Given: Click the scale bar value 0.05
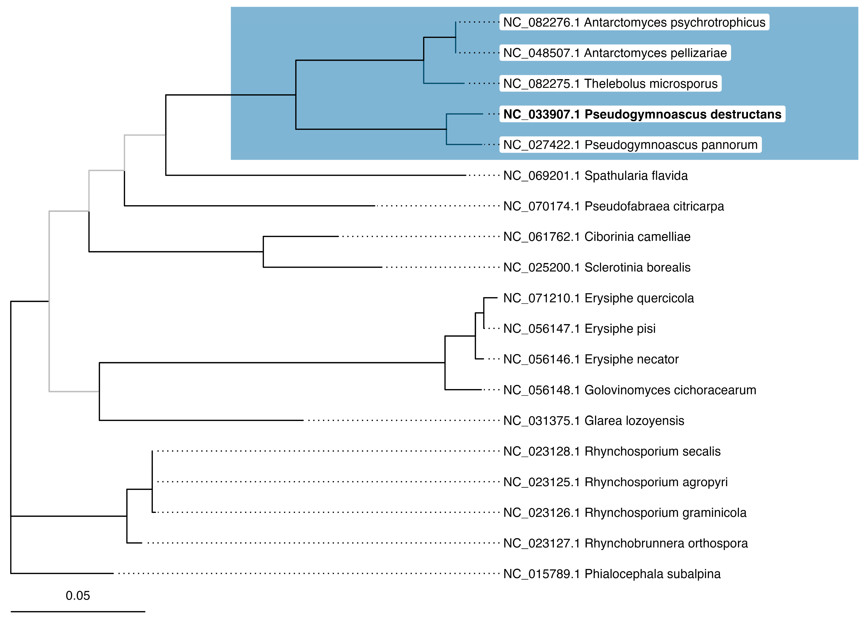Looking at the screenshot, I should pyautogui.click(x=78, y=596).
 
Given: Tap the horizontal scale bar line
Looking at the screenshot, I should pyautogui.click(x=78, y=611).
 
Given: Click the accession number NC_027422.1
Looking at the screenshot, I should pyautogui.click(x=542, y=145).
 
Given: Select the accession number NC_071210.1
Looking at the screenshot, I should pyautogui.click(x=542, y=298).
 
